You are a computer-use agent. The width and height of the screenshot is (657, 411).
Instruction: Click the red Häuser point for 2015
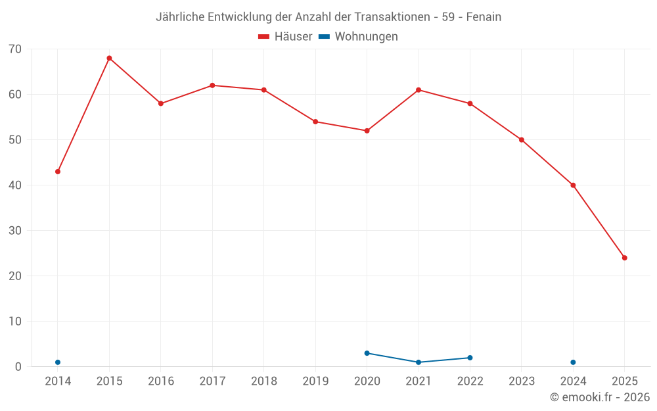[109, 59]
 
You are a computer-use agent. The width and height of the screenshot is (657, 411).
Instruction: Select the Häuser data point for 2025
[624, 258]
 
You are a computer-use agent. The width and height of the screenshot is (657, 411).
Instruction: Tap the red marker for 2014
[58, 172]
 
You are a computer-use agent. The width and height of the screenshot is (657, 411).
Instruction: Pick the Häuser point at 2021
[419, 90]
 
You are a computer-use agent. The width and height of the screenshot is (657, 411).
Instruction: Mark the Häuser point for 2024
[573, 185]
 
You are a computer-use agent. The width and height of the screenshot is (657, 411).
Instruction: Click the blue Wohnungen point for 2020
[367, 353]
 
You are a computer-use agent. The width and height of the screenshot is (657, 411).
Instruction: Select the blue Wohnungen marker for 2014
[58, 362]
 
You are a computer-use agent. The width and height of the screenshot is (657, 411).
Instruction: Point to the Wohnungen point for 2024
[573, 362]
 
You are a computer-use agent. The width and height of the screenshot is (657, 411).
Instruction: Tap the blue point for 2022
[470, 358]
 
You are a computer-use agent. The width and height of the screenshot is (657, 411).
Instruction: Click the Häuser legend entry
[285, 37]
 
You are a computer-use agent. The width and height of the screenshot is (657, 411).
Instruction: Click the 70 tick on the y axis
[15, 49]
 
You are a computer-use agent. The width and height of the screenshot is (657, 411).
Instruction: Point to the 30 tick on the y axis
[15, 231]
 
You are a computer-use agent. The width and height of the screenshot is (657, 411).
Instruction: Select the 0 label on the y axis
[18, 367]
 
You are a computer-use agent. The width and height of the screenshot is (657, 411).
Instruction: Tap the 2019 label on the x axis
[315, 381]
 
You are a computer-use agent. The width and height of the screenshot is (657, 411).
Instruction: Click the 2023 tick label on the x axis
[522, 381]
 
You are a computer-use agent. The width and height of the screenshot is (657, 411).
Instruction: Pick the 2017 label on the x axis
[212, 381]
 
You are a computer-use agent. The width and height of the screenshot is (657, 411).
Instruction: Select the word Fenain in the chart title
[484, 17]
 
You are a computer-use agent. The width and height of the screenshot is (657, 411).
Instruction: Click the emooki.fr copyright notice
[600, 397]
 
